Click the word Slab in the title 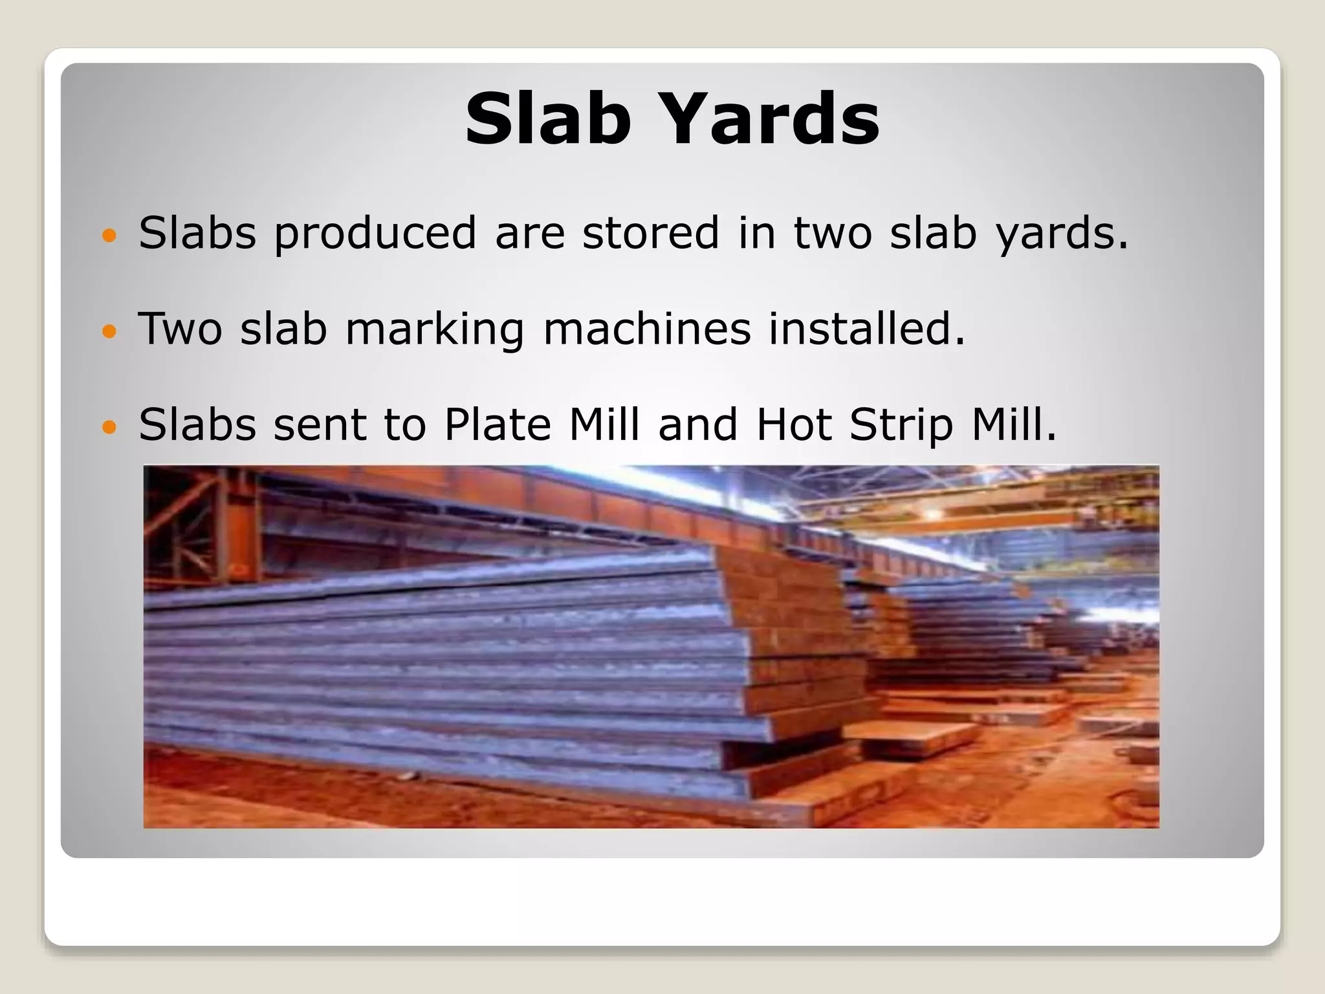[547, 119]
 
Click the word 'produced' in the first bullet [375, 233]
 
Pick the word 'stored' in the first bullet [650, 233]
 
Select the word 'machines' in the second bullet [646, 329]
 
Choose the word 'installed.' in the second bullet [866, 329]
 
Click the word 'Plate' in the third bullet [497, 425]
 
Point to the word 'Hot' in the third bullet [793, 425]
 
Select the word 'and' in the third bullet [697, 425]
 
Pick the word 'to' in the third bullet [405, 425]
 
